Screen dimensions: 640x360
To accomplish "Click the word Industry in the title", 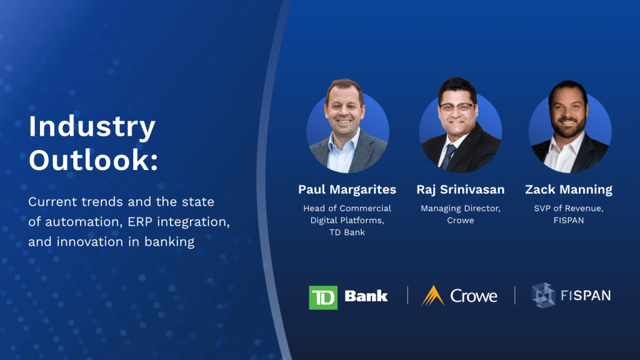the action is point(92,127).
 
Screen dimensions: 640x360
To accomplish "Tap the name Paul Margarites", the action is point(347,189).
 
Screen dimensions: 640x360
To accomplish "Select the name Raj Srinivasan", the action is point(461,189).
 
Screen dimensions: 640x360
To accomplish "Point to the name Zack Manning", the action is point(569,189).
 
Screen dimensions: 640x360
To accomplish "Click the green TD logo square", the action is point(323,297).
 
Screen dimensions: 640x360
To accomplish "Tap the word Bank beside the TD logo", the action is point(366,296).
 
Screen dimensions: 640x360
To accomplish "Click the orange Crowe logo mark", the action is point(432,296).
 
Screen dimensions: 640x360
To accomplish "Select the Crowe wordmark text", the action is point(474,296).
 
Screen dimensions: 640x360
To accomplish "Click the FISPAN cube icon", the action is point(543,295).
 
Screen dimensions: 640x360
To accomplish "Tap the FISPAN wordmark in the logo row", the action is point(586,295).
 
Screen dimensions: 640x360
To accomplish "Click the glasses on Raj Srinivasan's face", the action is point(457,107).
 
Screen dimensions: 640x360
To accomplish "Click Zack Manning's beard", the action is point(567,126).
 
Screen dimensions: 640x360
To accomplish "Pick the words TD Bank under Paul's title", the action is point(347,232).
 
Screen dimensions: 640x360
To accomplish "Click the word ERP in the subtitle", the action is point(140,222).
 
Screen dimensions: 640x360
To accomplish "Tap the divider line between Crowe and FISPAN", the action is point(515,295).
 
